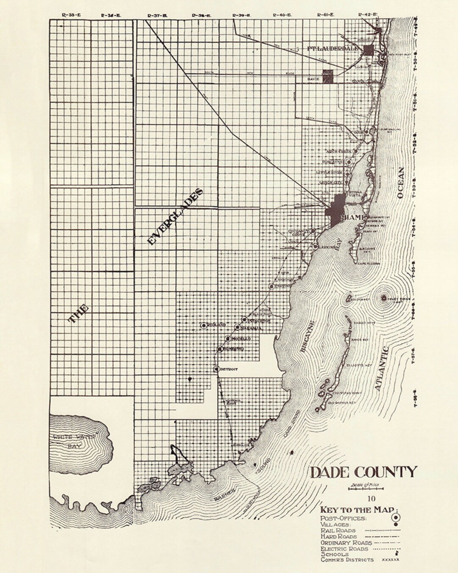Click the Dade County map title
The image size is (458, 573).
(x=364, y=472)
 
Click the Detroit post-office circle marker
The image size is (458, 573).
(x=216, y=369)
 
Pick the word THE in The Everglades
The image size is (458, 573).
(x=79, y=314)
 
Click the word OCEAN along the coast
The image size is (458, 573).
(x=401, y=183)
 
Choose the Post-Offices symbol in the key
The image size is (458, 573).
(x=394, y=517)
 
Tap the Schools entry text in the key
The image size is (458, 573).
(x=335, y=554)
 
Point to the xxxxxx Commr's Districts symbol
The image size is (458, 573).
(x=391, y=560)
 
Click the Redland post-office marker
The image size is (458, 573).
(x=204, y=325)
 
